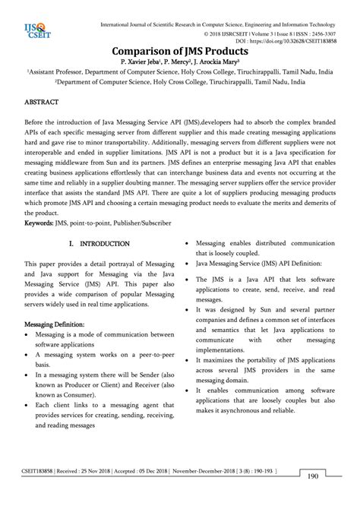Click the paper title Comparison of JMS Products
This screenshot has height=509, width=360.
179,49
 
